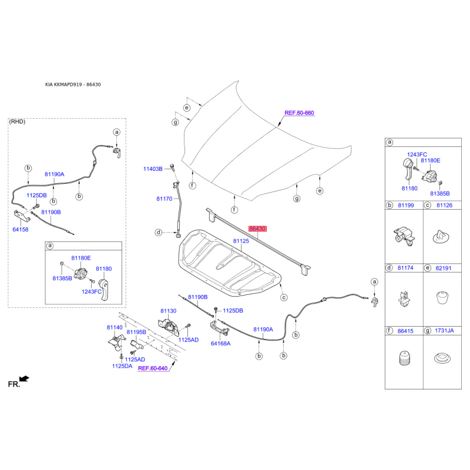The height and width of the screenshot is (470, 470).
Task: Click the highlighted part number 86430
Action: tap(257, 229)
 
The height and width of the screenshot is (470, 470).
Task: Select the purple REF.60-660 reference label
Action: tap(299, 113)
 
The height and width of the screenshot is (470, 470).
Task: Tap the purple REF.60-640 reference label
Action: tap(153, 368)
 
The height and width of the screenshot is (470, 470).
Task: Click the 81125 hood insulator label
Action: tap(241, 241)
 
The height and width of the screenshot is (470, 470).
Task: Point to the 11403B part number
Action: tap(153, 169)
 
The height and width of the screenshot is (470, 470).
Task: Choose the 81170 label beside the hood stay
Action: tap(164, 199)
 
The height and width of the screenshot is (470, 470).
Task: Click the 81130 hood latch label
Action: tap(168, 311)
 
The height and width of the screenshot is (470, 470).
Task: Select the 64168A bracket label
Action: tap(221, 344)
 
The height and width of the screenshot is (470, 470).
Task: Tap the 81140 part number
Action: tap(115, 327)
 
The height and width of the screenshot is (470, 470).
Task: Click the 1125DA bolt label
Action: tap(122, 366)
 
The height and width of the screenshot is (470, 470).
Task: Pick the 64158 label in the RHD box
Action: tap(21, 230)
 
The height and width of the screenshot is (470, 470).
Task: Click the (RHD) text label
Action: tap(17, 122)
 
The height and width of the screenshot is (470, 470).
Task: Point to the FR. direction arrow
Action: tap(24, 379)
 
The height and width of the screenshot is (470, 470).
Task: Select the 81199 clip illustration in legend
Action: tap(404, 237)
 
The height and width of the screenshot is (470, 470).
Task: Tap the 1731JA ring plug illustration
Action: tap(442, 358)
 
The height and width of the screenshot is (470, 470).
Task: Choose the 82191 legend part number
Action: tap(444, 268)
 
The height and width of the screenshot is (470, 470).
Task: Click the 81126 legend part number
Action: tap(445, 205)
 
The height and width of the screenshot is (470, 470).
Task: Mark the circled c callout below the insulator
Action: tap(284, 297)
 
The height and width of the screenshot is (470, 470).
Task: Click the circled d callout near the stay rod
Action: tap(159, 232)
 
